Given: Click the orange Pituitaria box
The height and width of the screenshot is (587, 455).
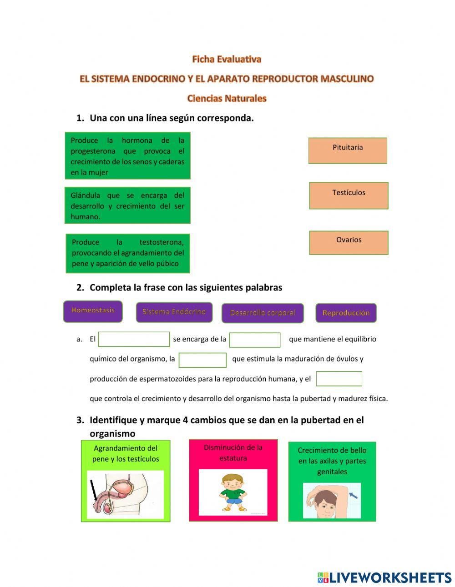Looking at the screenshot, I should point(348,151).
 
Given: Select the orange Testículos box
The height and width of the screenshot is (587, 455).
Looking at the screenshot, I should point(349,196).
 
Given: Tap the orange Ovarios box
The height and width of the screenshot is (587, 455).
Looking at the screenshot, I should point(349,242).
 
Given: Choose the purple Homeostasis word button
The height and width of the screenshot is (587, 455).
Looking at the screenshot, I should point(93,311).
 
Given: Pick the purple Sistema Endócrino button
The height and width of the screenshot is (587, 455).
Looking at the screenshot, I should point(174,312).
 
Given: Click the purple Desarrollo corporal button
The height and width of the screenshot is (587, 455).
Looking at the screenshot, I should point(263,313).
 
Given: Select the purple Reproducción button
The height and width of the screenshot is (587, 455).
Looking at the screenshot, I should point(346,313).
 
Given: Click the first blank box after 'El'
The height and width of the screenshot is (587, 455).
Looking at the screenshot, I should point(134,339).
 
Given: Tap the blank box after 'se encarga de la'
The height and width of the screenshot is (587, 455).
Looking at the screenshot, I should point(255,340).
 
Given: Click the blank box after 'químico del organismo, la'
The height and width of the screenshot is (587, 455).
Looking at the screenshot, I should point(202,360).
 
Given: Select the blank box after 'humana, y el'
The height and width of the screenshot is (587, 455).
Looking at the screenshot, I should point(339,379).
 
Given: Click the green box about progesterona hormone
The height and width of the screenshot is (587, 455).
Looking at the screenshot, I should point(127,156).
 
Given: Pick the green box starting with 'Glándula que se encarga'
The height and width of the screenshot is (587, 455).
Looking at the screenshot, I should point(127,206).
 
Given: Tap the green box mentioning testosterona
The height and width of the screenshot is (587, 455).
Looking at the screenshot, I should point(128,253).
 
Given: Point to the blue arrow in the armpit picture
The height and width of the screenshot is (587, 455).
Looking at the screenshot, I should point(353,494).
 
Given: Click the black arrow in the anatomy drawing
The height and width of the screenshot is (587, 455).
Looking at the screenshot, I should point(94,492).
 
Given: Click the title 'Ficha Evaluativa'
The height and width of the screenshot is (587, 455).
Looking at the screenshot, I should point(227,59).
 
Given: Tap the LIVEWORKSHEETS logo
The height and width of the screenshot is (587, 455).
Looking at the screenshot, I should point(384,577).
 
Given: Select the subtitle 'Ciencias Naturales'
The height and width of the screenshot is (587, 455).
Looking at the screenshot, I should point(227,98).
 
